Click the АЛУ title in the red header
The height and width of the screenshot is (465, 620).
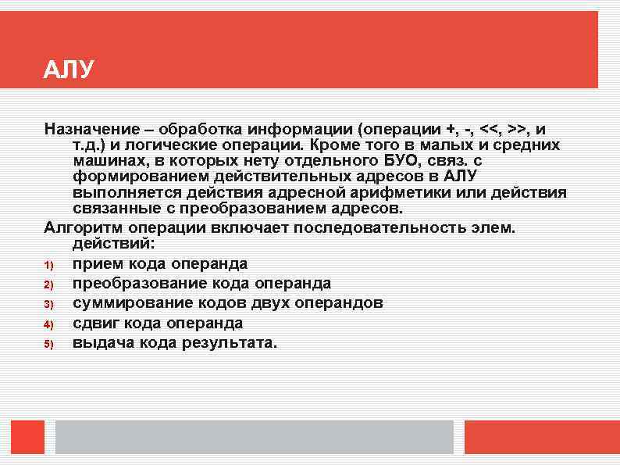(x=69, y=70)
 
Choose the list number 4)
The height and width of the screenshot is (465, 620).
(x=48, y=324)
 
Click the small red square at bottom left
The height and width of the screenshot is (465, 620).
(x=27, y=437)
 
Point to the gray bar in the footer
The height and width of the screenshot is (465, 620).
(x=254, y=437)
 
